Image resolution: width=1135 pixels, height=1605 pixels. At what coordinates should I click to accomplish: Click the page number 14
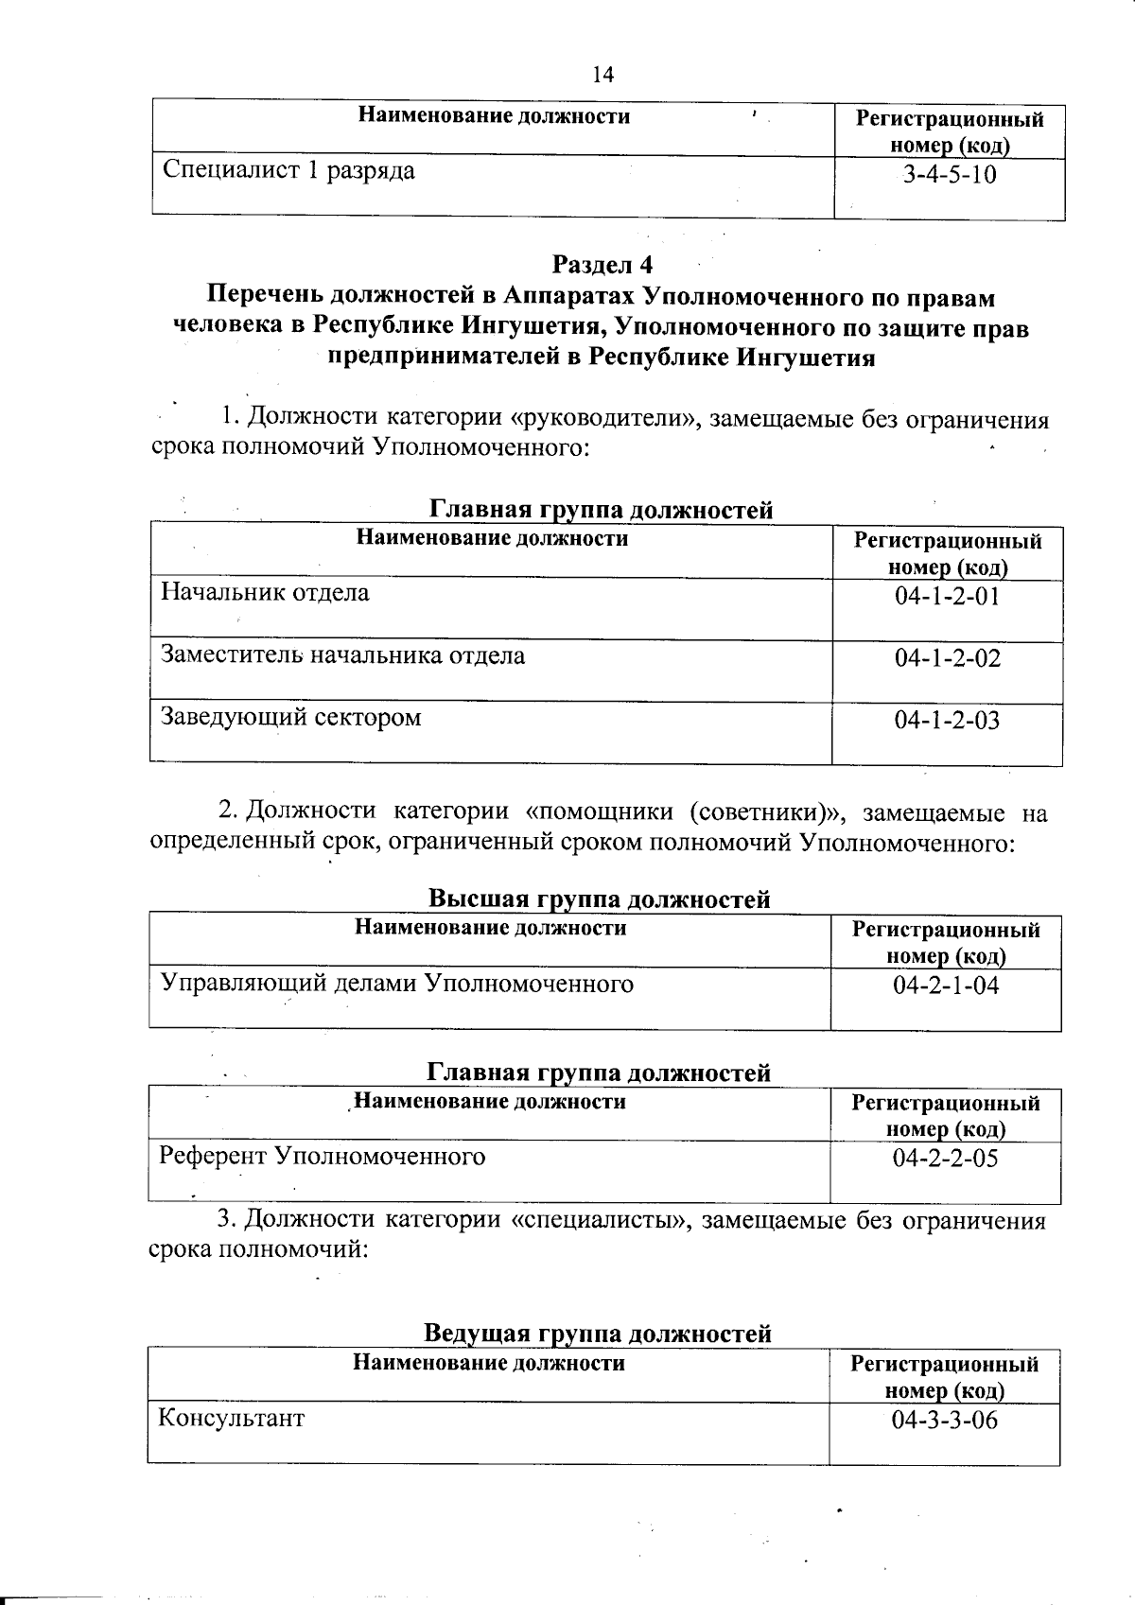602,76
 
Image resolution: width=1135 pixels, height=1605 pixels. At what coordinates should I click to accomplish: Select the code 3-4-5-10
950,176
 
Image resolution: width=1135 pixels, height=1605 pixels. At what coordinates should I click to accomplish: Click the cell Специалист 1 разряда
288,172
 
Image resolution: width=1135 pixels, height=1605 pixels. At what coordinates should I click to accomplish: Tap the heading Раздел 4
602,264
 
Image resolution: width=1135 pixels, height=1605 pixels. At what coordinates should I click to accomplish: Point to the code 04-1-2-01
948,597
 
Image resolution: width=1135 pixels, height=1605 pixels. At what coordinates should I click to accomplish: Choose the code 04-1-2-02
948,658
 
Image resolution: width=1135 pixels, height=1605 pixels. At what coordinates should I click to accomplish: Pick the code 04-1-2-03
948,721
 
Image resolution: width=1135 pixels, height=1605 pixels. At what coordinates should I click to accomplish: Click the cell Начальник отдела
266,593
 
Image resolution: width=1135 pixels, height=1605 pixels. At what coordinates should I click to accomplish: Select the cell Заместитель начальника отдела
343,655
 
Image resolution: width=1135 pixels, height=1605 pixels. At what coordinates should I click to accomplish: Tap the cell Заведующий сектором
291,717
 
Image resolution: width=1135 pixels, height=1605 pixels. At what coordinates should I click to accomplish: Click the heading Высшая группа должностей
600,898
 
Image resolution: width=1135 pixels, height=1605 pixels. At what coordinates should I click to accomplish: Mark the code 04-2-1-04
946,986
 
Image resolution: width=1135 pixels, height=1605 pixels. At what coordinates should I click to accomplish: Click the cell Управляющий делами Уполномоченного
397,984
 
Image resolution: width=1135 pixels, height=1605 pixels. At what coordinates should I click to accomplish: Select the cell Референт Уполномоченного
323,1157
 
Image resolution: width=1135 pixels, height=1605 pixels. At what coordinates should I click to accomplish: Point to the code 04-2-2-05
946,1159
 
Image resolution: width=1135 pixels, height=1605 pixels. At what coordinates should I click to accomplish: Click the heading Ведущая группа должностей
598,1334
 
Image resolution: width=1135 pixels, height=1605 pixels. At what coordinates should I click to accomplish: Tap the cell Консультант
232,1419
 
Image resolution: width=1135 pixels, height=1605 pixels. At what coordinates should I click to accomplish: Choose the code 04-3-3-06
945,1421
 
